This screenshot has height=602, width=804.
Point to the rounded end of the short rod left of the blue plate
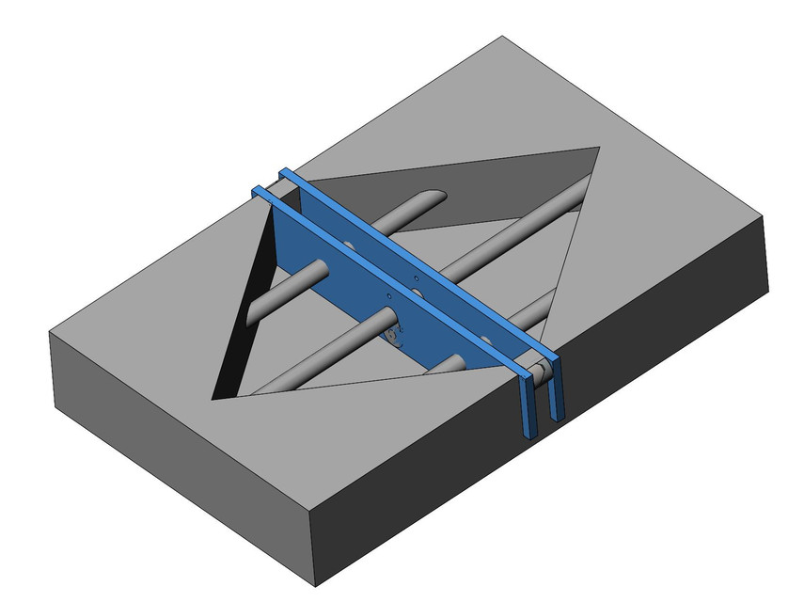[x=320, y=270]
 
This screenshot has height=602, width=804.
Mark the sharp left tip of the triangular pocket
[x=214, y=395]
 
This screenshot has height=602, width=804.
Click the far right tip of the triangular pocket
[x=599, y=149]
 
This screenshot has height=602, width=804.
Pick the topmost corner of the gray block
[x=502, y=37]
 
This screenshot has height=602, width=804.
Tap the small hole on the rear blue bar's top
[x=416, y=278]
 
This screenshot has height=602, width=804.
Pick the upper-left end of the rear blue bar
[x=285, y=172]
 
